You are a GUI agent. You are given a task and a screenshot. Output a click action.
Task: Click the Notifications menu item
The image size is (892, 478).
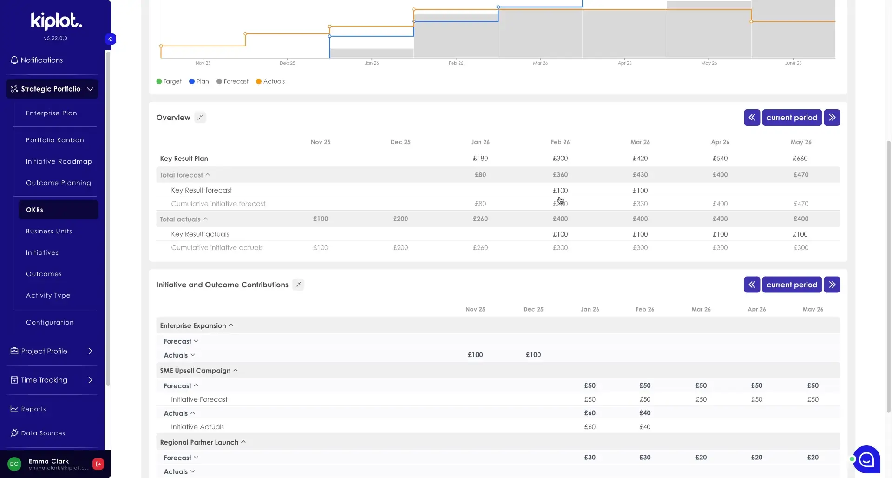point(41,60)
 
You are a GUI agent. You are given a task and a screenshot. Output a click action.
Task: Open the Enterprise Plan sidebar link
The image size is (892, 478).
point(51,113)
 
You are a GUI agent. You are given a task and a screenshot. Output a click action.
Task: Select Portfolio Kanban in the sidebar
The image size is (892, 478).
point(55,140)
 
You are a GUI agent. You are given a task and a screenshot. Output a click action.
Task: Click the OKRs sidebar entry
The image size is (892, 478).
point(35,210)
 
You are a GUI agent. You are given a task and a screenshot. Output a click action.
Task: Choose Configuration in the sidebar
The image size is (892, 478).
point(50,322)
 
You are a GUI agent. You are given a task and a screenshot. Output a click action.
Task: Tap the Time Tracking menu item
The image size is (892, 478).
point(44,380)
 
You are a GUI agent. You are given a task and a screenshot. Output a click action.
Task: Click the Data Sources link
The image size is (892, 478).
point(43,433)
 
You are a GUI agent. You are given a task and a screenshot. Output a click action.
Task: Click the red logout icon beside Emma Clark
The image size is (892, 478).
point(98,464)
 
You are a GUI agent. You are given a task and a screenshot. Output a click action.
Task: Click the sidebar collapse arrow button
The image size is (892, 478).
point(111,39)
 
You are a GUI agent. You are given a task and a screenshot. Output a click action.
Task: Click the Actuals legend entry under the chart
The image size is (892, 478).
point(270,81)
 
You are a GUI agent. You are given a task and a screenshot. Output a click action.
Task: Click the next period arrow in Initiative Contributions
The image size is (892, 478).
point(832,285)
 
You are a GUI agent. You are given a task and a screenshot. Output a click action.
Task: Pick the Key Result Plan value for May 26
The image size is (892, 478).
point(800,159)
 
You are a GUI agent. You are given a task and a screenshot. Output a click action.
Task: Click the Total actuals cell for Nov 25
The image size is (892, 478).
point(321,219)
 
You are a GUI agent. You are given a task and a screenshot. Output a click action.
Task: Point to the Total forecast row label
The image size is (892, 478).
point(181,175)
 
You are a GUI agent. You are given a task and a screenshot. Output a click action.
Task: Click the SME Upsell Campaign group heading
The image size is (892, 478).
point(195,371)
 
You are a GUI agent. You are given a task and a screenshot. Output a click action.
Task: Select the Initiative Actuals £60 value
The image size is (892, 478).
point(590,427)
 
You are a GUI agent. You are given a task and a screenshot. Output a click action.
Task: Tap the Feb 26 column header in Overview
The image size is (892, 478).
point(560,142)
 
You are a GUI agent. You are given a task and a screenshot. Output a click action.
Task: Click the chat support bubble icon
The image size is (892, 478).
point(866,459)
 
